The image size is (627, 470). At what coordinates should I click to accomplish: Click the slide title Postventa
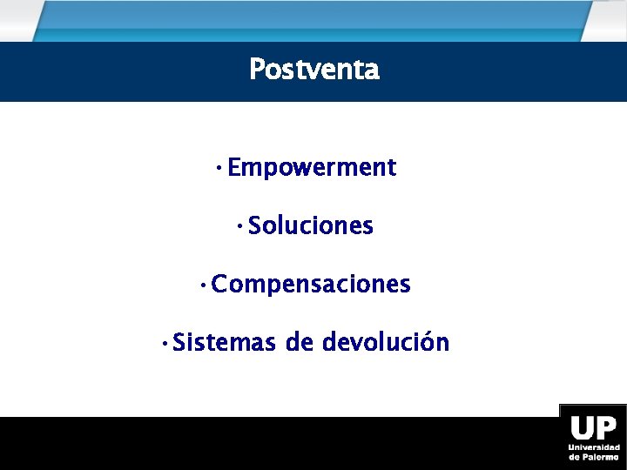[x=313, y=69]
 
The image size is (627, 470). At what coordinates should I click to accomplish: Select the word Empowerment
[x=312, y=168]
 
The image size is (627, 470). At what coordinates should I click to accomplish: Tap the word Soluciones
[x=311, y=226]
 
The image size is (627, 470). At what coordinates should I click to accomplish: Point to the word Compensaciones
[x=311, y=285]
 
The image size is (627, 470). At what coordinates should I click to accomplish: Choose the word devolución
[x=386, y=343]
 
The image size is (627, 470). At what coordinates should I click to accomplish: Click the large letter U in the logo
[x=582, y=428]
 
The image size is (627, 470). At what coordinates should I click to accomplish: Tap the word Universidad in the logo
[x=594, y=447]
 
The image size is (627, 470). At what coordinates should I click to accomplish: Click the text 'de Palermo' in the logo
[x=594, y=457]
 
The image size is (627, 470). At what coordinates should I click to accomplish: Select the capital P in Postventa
[x=256, y=69]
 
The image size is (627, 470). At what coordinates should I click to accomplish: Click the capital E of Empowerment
[x=234, y=168]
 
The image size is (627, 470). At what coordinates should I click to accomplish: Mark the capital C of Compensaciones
[x=219, y=285]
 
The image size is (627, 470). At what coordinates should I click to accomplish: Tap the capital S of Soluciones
[x=254, y=226]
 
